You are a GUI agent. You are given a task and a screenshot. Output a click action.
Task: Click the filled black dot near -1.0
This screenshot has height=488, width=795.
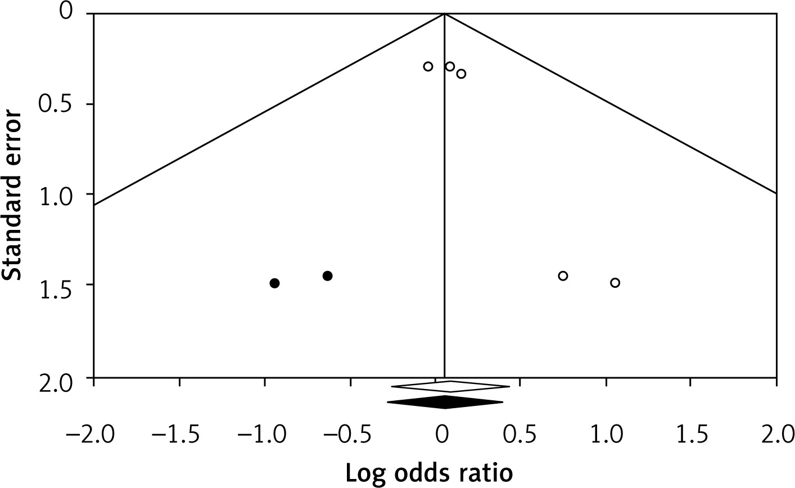click(x=274, y=283)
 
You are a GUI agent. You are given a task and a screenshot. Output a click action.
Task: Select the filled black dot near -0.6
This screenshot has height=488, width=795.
click(x=327, y=275)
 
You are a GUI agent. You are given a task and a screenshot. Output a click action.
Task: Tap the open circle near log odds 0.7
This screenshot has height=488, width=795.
click(x=563, y=275)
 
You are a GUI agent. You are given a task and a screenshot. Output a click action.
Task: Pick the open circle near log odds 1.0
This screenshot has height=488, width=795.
click(x=615, y=282)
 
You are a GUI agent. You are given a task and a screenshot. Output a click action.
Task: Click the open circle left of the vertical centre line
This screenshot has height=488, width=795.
click(x=428, y=66)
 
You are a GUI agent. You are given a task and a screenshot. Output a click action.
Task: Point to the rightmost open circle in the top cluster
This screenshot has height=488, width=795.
click(x=461, y=74)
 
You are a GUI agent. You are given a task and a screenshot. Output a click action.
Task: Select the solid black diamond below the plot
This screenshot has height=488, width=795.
click(x=445, y=402)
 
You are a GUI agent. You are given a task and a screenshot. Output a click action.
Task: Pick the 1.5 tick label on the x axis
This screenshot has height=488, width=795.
click(x=689, y=435)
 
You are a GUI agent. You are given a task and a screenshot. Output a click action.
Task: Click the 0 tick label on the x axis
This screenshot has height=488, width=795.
click(x=442, y=435)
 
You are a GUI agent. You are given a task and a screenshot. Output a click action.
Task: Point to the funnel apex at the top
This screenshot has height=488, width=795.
click(x=445, y=13)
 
